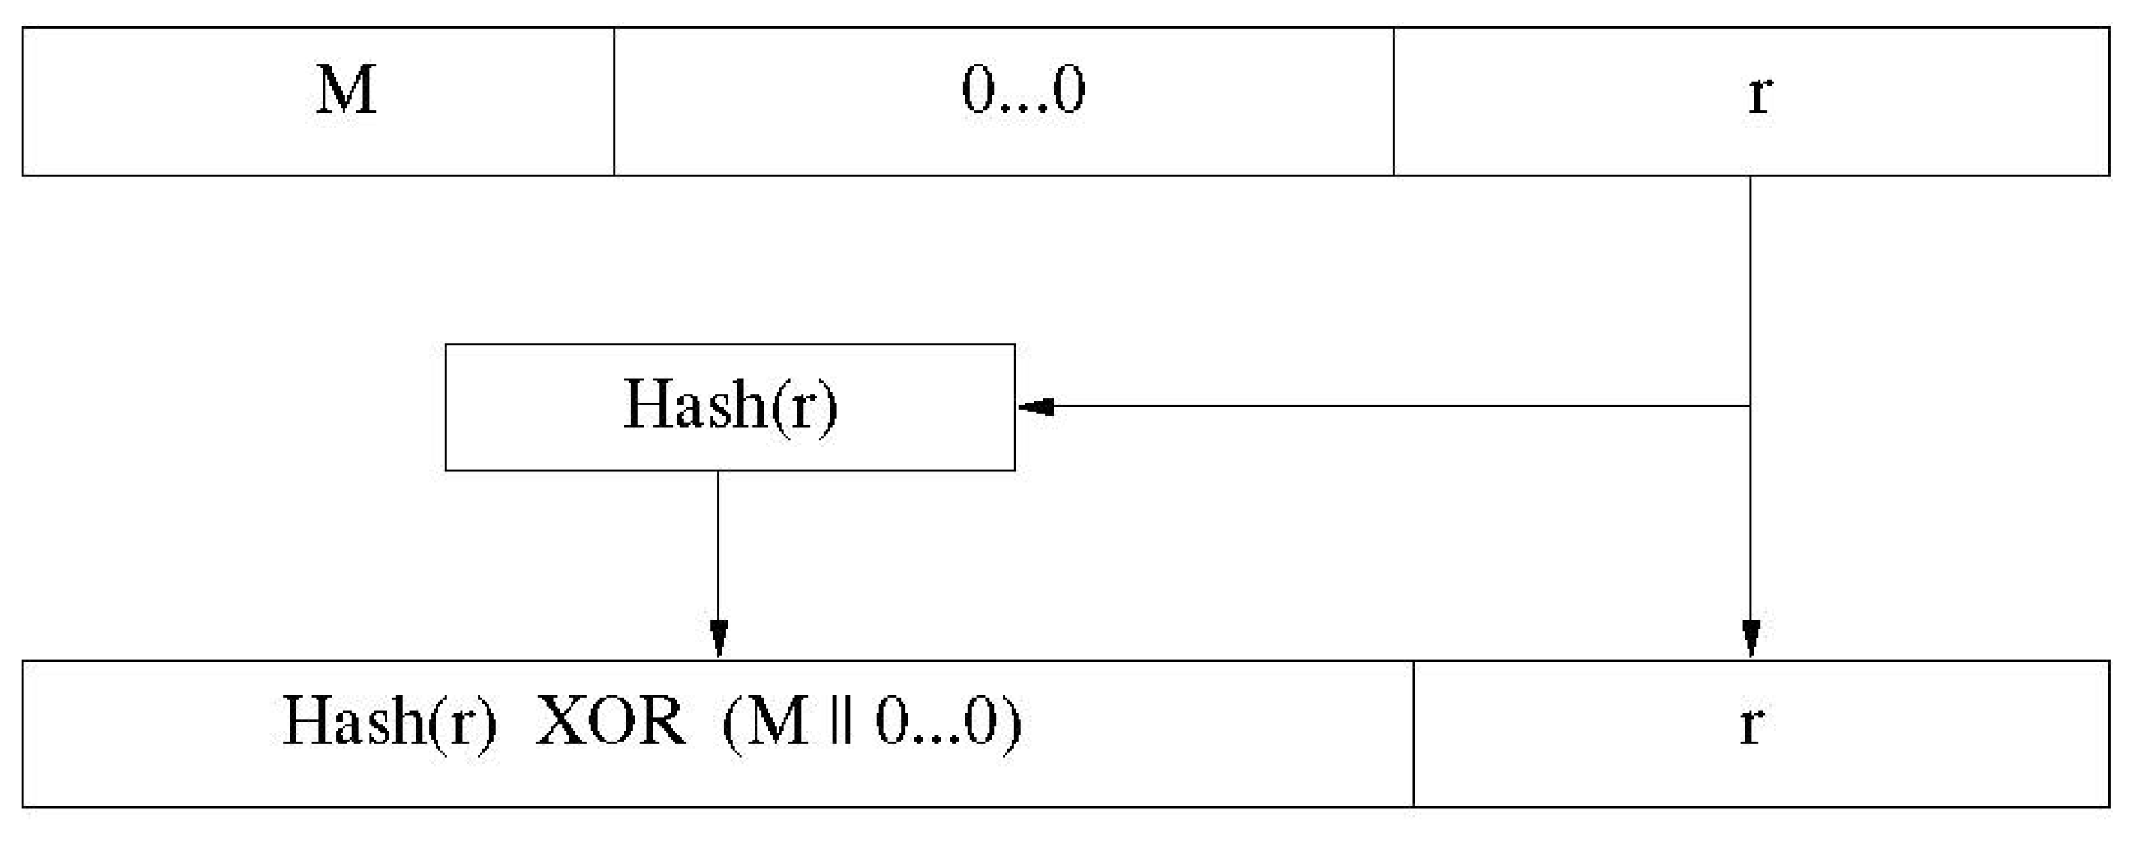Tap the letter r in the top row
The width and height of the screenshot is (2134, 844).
point(1760,93)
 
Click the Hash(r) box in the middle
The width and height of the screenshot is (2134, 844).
point(730,407)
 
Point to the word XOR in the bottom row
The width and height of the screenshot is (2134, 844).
point(611,722)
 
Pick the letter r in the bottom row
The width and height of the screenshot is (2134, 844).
point(1750,724)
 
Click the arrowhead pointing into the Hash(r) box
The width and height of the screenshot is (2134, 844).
point(1036,407)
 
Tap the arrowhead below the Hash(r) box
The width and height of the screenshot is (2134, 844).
point(719,638)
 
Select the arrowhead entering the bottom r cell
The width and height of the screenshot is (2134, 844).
point(1751,638)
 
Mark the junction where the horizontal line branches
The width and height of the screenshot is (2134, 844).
point(1751,407)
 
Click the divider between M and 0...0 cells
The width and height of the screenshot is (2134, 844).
point(614,101)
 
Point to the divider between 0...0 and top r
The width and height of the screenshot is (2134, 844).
point(1394,101)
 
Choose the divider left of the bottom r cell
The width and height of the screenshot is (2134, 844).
point(1413,734)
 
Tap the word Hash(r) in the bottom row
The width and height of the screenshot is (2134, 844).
point(389,722)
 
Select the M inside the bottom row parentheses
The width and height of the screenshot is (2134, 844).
point(778,722)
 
